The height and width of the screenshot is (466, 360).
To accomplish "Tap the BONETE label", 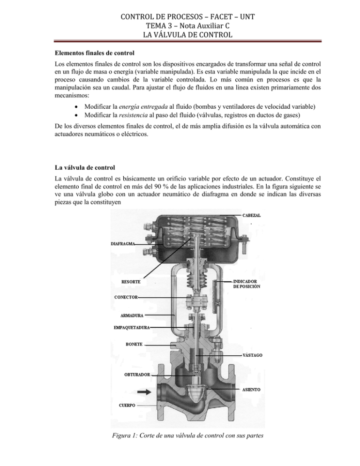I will tap(132, 345).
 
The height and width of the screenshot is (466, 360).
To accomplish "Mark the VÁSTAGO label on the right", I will tap(252, 355).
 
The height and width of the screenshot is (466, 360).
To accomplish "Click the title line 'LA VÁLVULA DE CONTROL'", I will tap(180, 34).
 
